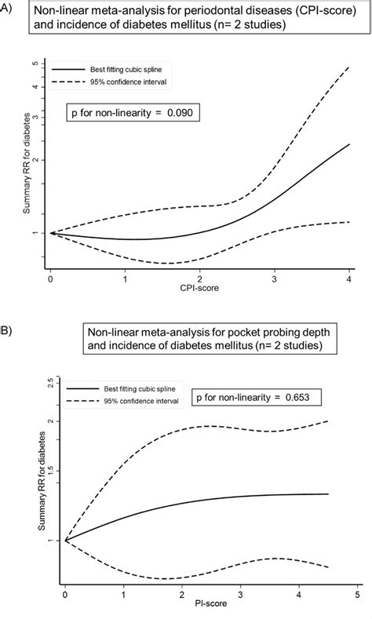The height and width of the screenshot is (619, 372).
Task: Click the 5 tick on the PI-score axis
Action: click(357, 586)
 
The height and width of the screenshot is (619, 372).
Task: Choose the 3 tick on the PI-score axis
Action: click(240, 586)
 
